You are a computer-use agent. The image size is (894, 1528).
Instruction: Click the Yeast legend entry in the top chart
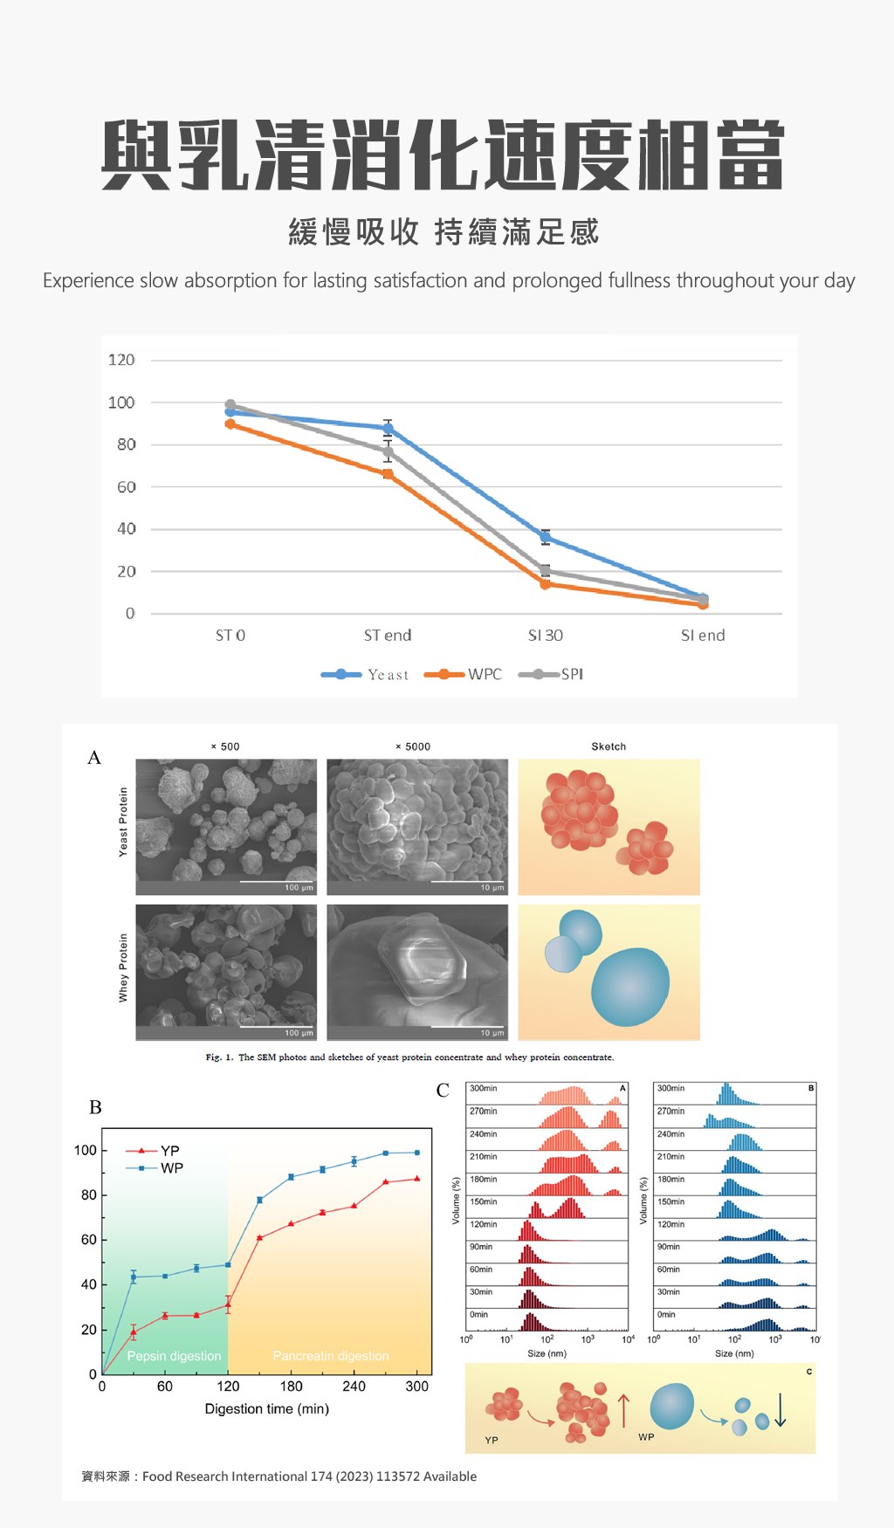387,675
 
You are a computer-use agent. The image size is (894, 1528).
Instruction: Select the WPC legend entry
484,674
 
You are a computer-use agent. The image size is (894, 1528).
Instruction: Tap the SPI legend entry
571,674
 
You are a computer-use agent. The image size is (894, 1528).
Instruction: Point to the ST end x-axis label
388,636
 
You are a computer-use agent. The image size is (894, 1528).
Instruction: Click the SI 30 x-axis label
546,636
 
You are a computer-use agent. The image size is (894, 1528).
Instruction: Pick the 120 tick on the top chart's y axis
121,360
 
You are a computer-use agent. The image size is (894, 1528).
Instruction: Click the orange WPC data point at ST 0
230,424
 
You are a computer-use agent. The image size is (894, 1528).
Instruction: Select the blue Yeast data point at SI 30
546,537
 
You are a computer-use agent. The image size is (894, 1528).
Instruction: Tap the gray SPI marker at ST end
388,452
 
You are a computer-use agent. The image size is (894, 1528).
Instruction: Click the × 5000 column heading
413,747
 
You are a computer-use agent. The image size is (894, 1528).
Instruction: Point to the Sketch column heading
609,747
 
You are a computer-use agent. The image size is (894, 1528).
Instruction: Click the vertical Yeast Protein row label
123,822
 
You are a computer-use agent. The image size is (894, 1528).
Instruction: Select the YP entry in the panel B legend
169,1151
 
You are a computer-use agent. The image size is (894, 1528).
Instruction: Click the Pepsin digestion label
174,1356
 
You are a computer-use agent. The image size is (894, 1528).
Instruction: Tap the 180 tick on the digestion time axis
291,1387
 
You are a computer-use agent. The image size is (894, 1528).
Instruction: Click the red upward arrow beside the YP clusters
623,1410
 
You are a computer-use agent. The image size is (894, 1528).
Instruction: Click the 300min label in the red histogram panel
483,1089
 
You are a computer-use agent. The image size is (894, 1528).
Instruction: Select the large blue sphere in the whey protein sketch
629,987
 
